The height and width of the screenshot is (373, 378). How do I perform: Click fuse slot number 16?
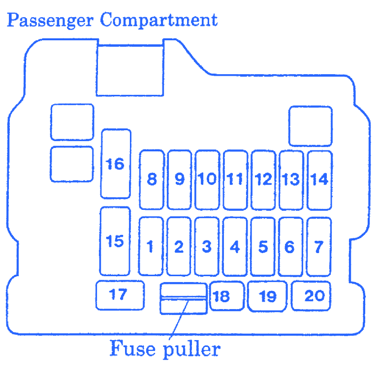tap(116, 163)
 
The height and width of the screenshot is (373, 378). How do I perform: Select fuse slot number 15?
tap(115, 241)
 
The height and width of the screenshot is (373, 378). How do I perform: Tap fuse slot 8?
tap(152, 179)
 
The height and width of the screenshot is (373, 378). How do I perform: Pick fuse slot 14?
tap(319, 179)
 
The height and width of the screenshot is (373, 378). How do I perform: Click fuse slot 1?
tap(151, 246)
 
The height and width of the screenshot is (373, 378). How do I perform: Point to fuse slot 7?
tap(318, 246)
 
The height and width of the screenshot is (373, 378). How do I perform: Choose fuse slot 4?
tap(235, 246)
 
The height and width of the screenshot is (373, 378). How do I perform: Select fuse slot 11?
tap(235, 179)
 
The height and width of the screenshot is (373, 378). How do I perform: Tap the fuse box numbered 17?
tap(120, 294)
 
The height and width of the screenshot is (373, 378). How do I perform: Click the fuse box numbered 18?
tap(227, 296)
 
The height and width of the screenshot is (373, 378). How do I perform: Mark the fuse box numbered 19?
tap(267, 296)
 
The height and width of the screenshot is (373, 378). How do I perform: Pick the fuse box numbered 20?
tap(311, 295)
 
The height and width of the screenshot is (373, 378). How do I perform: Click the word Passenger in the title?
tap(50, 21)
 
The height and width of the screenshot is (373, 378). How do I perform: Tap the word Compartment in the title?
tap(158, 21)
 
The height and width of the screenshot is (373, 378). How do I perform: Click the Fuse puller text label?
tap(164, 349)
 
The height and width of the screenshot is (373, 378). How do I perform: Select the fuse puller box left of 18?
tap(183, 298)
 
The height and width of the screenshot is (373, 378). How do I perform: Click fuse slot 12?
tap(263, 179)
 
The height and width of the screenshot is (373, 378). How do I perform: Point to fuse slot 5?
tap(263, 246)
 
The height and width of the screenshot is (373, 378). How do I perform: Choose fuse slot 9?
tap(180, 179)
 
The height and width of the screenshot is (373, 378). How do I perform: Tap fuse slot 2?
tap(179, 246)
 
